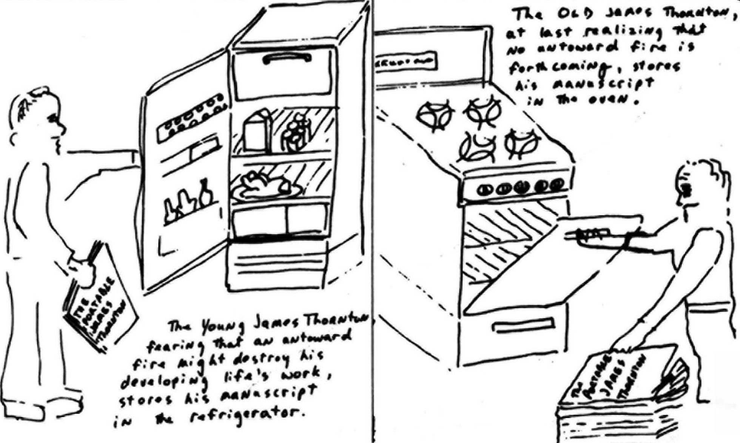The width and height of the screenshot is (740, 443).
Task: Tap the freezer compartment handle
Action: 287,58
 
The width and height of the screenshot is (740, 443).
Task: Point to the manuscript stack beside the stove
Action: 619,393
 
